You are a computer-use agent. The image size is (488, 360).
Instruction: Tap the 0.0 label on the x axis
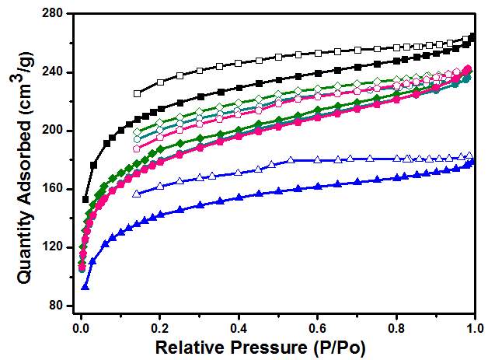[x=80, y=325]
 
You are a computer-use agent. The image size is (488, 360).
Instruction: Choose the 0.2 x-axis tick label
[x=159, y=325]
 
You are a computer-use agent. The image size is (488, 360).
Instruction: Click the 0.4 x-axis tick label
[x=239, y=325]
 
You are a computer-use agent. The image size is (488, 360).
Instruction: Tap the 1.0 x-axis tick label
[x=473, y=325]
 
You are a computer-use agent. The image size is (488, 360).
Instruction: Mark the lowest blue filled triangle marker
[x=85, y=287]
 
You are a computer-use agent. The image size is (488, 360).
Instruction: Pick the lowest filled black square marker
[x=85, y=200]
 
